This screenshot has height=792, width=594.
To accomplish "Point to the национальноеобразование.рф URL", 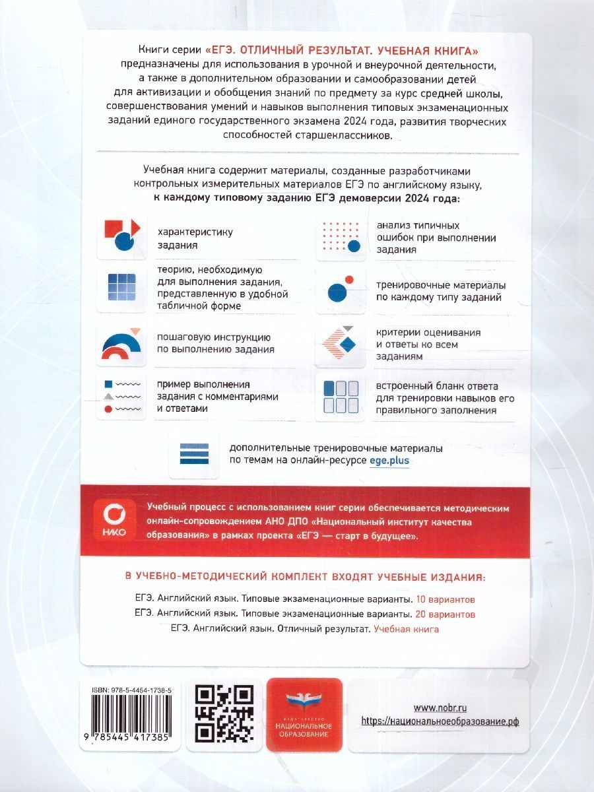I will [440, 721].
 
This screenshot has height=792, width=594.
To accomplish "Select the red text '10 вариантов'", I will [445, 600].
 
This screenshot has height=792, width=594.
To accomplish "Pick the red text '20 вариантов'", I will [445, 614].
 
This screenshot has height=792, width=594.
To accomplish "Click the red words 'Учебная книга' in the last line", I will [407, 629].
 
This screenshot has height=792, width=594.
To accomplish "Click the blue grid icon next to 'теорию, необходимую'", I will [121, 288].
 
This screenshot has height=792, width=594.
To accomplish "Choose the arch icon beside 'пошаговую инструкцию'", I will [121, 344].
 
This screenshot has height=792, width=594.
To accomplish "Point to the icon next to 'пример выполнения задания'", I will [121, 396].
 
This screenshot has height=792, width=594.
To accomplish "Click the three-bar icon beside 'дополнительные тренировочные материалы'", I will [194, 454].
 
